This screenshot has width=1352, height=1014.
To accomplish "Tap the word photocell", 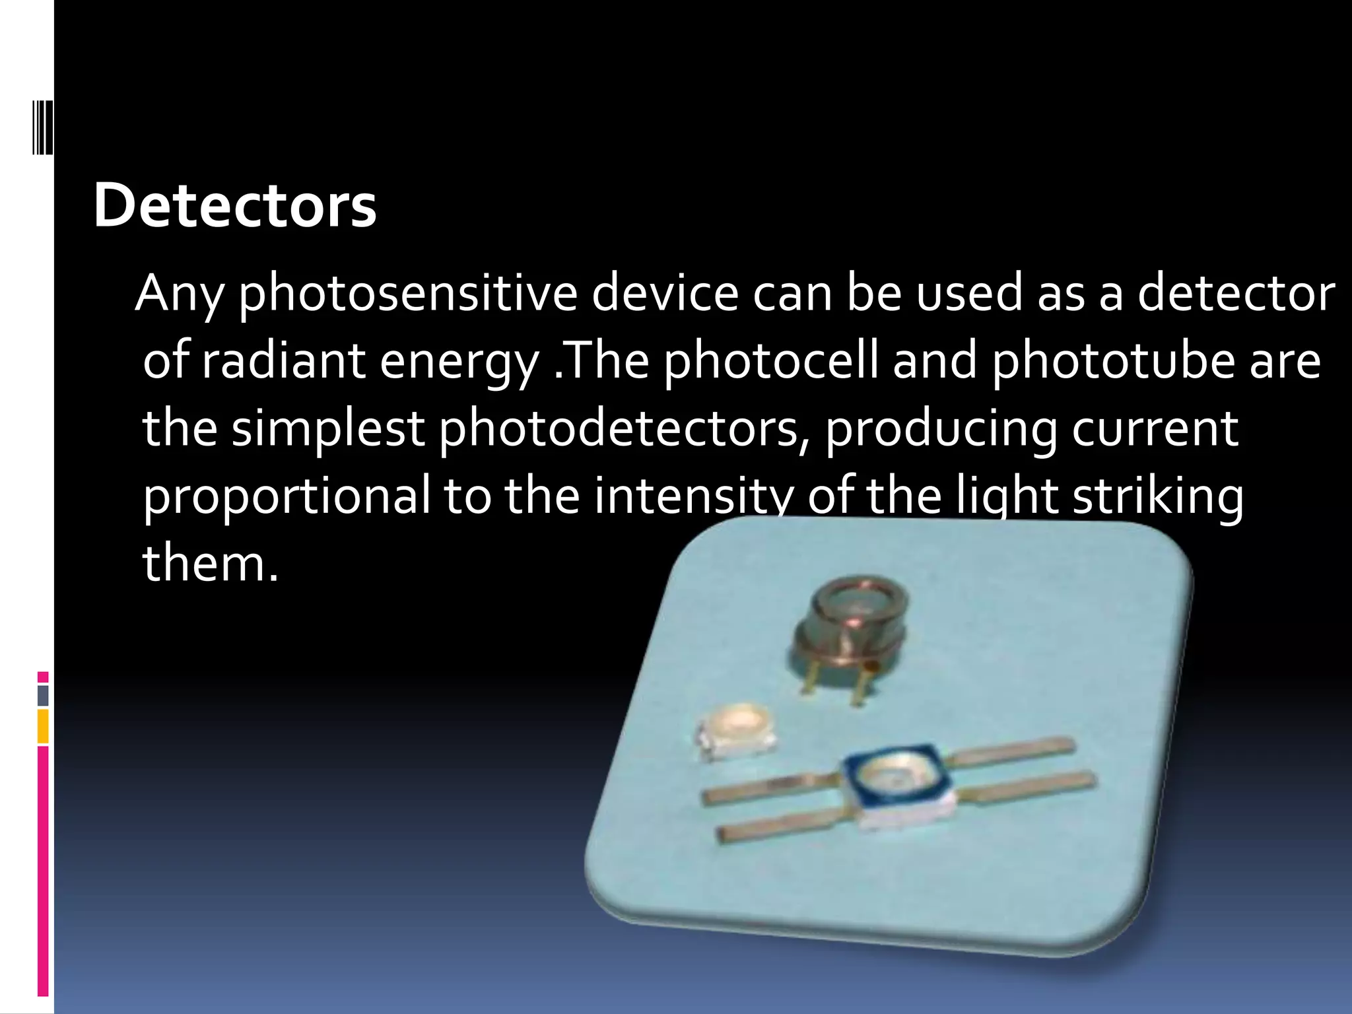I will [771, 361].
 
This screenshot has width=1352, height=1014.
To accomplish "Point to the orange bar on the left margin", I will [43, 726].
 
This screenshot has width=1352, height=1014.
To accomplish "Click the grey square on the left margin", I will [43, 695].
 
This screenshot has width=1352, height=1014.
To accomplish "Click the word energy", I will [459, 362].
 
